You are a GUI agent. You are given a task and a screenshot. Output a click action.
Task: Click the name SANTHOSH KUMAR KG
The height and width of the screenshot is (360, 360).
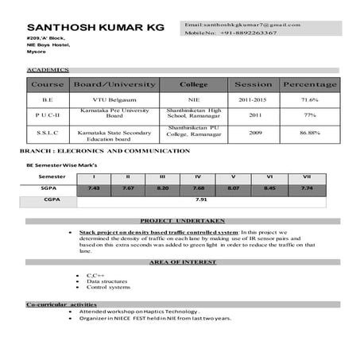pos(95,27)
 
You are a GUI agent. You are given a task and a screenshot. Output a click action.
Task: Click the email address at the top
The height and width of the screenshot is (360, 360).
pos(242,25)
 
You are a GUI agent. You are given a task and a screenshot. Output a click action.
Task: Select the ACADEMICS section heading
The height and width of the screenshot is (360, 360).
pos(48,71)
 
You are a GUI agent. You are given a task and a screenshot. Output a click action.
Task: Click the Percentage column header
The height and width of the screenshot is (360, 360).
pos(309,84)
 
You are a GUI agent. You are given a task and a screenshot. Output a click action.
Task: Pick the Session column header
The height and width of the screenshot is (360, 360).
pos(253,84)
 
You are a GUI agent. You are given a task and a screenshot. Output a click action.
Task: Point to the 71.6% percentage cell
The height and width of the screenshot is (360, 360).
pos(309,99)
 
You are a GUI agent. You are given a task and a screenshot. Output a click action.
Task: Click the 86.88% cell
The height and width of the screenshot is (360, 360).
pos(309,133)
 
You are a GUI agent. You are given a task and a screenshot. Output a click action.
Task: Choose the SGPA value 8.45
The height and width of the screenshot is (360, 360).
pos(269,188)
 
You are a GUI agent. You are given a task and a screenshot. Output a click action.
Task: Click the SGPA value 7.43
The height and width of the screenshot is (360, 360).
pos(94,188)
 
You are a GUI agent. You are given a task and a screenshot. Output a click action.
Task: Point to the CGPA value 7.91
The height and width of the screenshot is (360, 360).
pos(201,200)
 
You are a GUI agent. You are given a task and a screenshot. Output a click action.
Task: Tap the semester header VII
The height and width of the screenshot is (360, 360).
pos(306,176)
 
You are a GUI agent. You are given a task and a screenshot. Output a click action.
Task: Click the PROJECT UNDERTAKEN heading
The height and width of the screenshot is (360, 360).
pos(182,220)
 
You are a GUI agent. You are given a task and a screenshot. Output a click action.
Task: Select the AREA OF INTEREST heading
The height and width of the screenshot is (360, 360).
pos(182,261)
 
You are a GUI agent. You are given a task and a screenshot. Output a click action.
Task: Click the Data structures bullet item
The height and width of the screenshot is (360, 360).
pos(107,281)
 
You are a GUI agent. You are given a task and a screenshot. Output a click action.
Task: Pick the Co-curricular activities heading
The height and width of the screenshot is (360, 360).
pos(61,304)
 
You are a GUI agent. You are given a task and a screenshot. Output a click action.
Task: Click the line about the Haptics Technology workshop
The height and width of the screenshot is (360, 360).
pos(141,312)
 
